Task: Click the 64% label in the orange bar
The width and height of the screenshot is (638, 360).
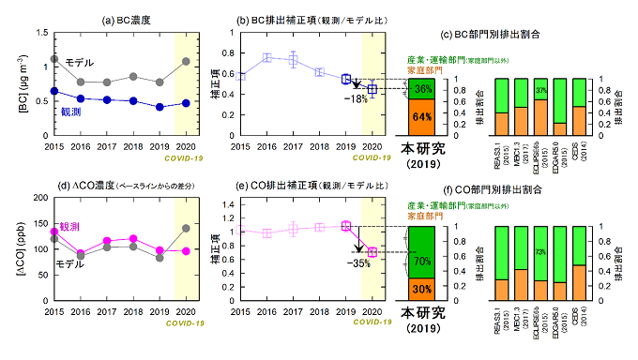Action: (422, 117)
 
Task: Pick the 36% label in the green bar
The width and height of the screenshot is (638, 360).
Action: (422, 89)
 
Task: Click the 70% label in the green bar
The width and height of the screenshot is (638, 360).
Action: (422, 261)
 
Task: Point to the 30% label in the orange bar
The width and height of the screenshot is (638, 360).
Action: (422, 289)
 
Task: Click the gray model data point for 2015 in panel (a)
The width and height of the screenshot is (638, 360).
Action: (54, 59)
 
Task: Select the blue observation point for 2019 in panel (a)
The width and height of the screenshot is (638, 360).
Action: (160, 107)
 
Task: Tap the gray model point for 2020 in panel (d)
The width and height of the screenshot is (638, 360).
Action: (187, 228)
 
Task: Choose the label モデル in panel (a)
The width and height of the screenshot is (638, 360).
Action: (78, 62)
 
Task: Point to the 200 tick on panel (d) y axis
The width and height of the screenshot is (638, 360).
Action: (37, 199)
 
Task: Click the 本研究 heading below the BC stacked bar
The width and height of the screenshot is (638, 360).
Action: (422, 147)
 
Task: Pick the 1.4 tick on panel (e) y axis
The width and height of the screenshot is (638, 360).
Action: (223, 203)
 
